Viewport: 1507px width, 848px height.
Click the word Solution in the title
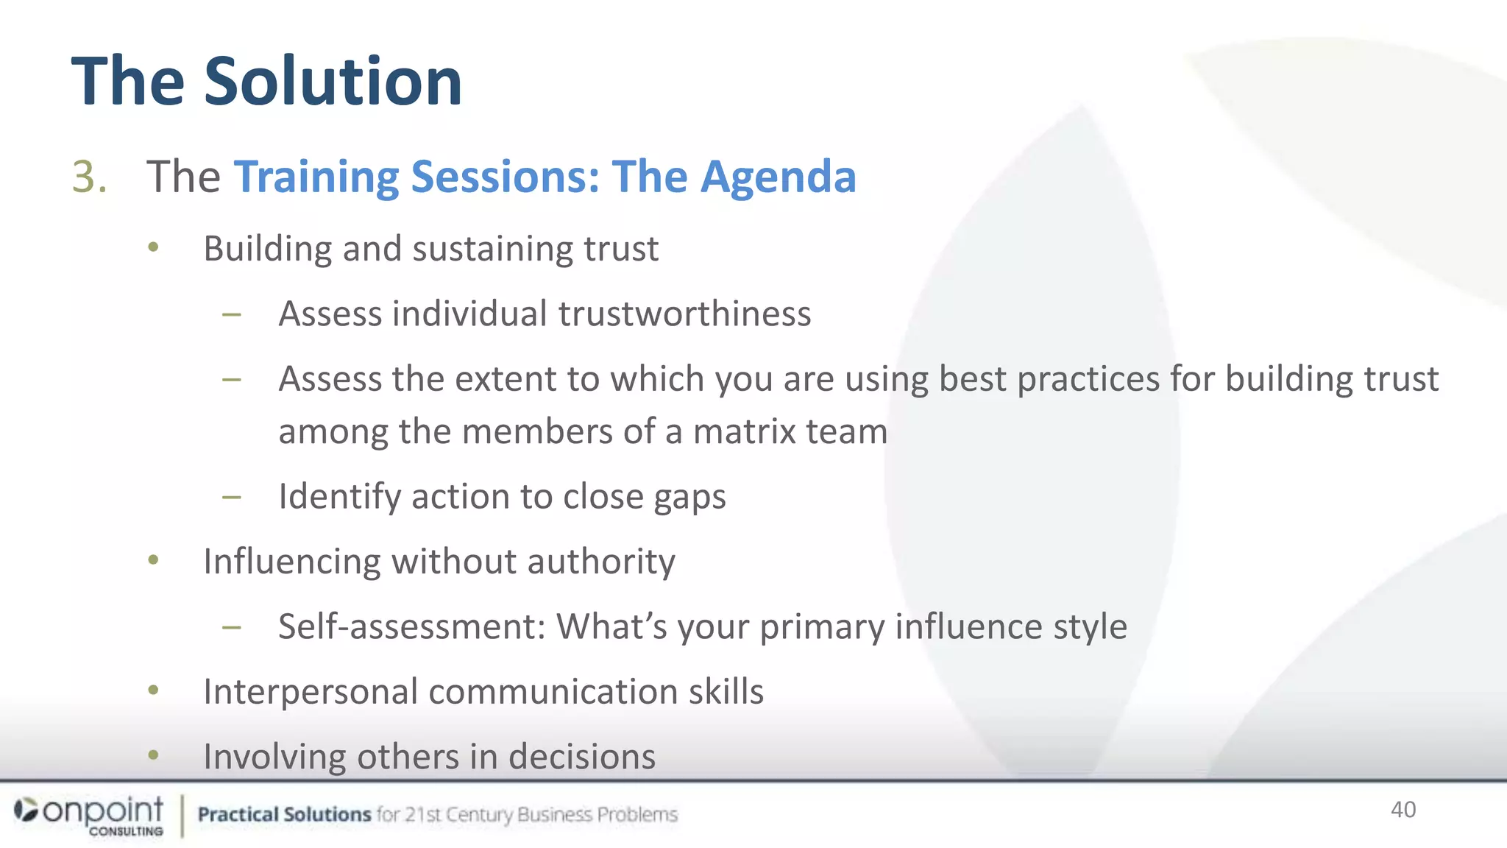point(333,81)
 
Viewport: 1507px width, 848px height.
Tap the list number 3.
point(89,177)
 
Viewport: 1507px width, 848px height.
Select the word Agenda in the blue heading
point(778,177)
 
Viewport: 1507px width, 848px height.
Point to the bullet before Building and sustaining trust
point(153,247)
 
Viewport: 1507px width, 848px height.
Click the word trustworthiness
point(684,314)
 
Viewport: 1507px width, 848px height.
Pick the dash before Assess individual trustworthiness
point(232,315)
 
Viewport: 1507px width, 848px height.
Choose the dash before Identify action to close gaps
point(232,498)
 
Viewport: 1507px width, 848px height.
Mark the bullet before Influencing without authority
point(153,560)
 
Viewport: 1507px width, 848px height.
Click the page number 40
point(1403,810)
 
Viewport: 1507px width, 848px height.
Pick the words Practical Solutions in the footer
point(284,815)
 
